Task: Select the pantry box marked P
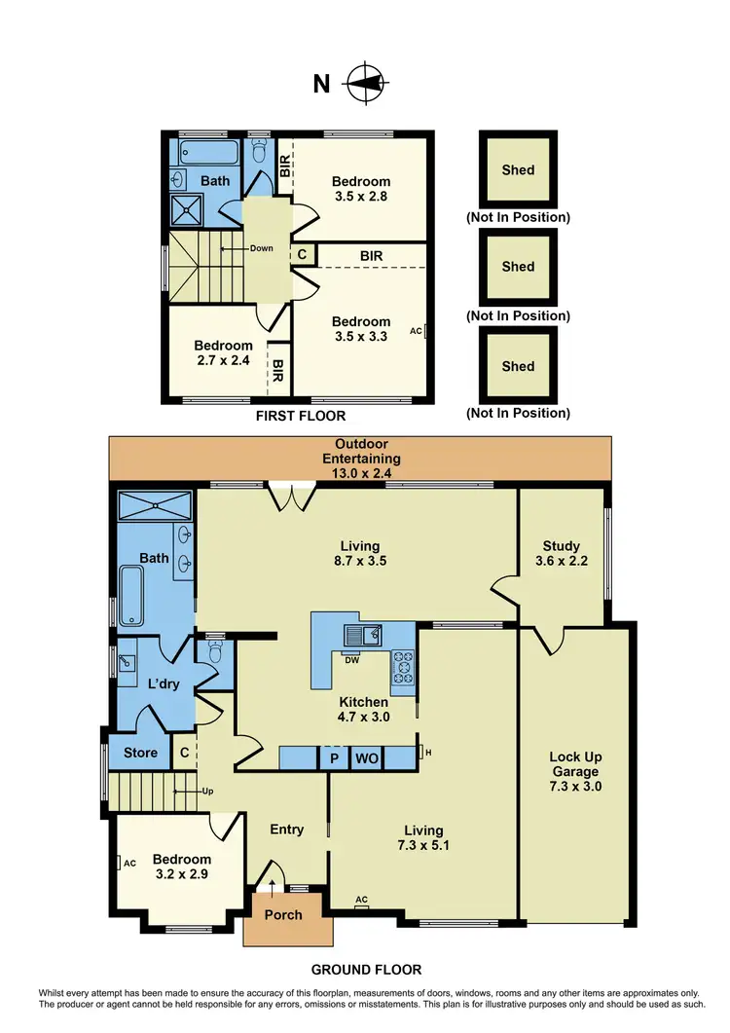click(333, 757)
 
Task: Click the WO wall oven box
click(366, 757)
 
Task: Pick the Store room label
click(140, 753)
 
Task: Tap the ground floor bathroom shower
click(156, 507)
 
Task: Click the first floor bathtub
click(207, 153)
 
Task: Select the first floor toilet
click(259, 152)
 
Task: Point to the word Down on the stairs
click(261, 248)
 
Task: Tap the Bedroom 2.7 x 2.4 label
click(223, 352)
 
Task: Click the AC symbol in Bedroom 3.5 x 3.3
click(419, 331)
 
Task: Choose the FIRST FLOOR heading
click(301, 416)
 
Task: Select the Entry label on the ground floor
click(286, 830)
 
